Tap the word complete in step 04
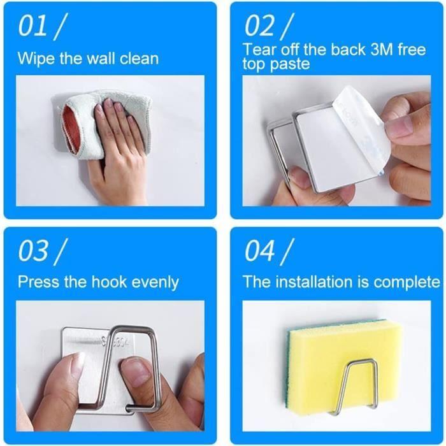point(407,282)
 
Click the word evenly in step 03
point(156,282)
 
